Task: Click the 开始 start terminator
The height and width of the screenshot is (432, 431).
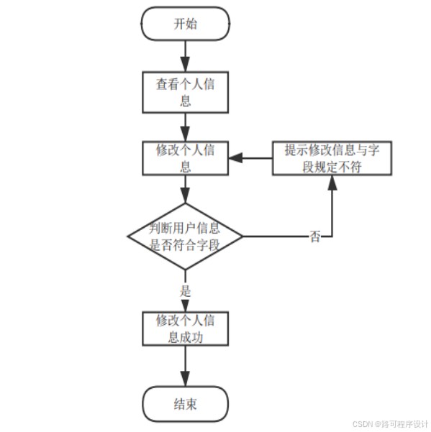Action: [186, 24]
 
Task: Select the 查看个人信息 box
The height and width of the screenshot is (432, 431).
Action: [186, 92]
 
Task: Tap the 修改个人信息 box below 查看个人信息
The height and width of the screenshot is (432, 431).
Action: [186, 158]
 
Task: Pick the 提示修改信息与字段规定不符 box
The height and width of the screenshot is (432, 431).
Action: [332, 158]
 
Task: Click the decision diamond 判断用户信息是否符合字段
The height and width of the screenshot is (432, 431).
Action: [186, 236]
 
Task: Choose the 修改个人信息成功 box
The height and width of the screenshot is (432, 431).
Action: [186, 328]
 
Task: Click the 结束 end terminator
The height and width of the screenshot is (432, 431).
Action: [186, 404]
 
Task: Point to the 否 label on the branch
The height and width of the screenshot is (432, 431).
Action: [315, 236]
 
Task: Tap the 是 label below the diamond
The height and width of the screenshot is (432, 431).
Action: [186, 291]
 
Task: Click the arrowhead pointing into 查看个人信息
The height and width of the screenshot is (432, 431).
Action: [186, 65]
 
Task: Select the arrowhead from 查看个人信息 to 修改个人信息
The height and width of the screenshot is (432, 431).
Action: [186, 134]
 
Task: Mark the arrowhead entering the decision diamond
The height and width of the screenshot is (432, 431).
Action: [186, 196]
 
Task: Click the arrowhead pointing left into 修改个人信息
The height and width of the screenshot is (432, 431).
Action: [236, 158]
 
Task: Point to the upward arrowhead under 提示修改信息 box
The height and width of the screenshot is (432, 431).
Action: [332, 183]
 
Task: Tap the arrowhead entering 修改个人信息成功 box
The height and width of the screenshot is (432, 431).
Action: [186, 305]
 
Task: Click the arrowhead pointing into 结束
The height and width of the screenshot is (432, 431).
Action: [186, 379]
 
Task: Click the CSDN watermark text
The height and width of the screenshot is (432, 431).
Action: [390, 424]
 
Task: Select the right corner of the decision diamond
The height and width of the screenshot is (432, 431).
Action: [242, 236]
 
